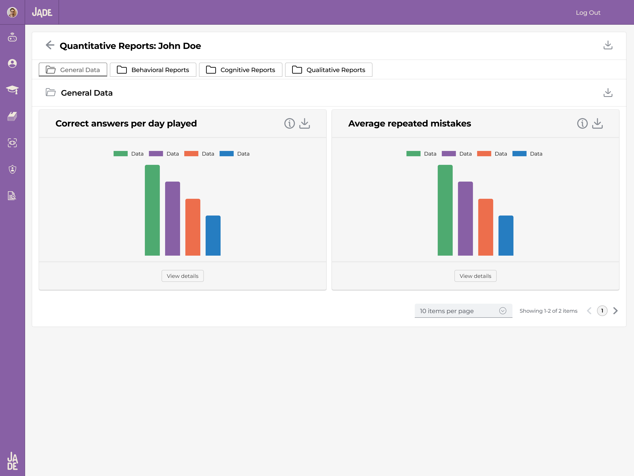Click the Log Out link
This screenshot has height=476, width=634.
click(588, 13)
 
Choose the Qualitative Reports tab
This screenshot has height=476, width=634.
click(328, 70)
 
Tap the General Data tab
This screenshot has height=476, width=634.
click(73, 70)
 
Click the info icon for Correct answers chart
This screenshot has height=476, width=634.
click(289, 123)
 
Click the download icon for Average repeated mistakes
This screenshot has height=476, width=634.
click(597, 123)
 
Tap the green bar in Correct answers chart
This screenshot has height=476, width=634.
click(152, 210)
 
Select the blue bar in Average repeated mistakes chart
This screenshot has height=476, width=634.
click(506, 235)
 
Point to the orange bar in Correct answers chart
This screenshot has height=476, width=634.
click(193, 227)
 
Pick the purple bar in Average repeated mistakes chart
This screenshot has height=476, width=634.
click(465, 218)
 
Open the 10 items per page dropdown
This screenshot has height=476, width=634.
click(463, 311)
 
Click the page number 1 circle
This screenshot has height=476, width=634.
click(602, 311)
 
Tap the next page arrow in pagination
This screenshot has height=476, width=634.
click(615, 311)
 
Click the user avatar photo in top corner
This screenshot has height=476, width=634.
click(12, 12)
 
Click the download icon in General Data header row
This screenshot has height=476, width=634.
click(608, 93)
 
